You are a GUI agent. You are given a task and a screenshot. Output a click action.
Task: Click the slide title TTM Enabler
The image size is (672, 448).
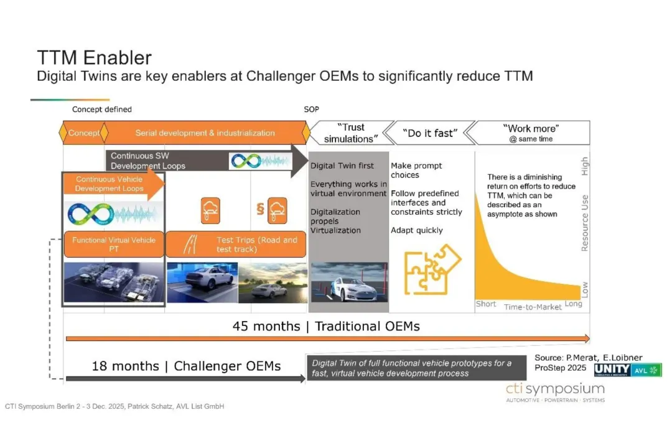tap(95, 58)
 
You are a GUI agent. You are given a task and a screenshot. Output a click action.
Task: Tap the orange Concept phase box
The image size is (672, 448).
tap(83, 133)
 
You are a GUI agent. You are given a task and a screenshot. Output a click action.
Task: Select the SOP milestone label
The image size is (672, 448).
tap(312, 110)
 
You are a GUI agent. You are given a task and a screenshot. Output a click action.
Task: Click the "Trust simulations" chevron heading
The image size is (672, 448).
tap(351, 133)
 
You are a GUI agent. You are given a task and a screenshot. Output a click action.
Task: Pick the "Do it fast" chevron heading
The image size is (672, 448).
tap(430, 133)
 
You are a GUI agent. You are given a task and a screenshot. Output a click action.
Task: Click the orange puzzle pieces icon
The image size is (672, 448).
tap(432, 269)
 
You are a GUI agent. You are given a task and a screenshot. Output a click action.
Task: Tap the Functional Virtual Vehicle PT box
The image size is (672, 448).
tap(114, 245)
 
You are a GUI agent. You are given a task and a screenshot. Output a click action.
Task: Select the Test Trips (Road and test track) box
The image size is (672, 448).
tap(236, 245)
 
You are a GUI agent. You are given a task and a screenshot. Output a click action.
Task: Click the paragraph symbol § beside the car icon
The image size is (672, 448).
tap(260, 209)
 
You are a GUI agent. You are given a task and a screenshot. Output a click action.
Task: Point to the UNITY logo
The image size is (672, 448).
tap(612, 370)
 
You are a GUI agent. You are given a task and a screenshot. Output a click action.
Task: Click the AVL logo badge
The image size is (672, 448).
tap(646, 370)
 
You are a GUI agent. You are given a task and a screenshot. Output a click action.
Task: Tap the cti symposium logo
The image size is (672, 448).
tap(556, 392)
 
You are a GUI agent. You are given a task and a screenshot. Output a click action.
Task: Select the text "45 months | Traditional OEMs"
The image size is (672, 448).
tap(326, 326)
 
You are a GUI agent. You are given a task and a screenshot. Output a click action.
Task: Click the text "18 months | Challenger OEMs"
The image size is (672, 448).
tap(186, 366)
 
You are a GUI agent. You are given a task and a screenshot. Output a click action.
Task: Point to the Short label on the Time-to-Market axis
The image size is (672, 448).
tap(485, 304)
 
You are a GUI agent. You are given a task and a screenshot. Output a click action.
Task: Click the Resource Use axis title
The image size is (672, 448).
tap(584, 223)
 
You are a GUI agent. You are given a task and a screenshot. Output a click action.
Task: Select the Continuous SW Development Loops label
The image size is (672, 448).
tap(148, 161)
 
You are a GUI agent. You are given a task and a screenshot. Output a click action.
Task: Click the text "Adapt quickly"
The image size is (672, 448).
tap(416, 230)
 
